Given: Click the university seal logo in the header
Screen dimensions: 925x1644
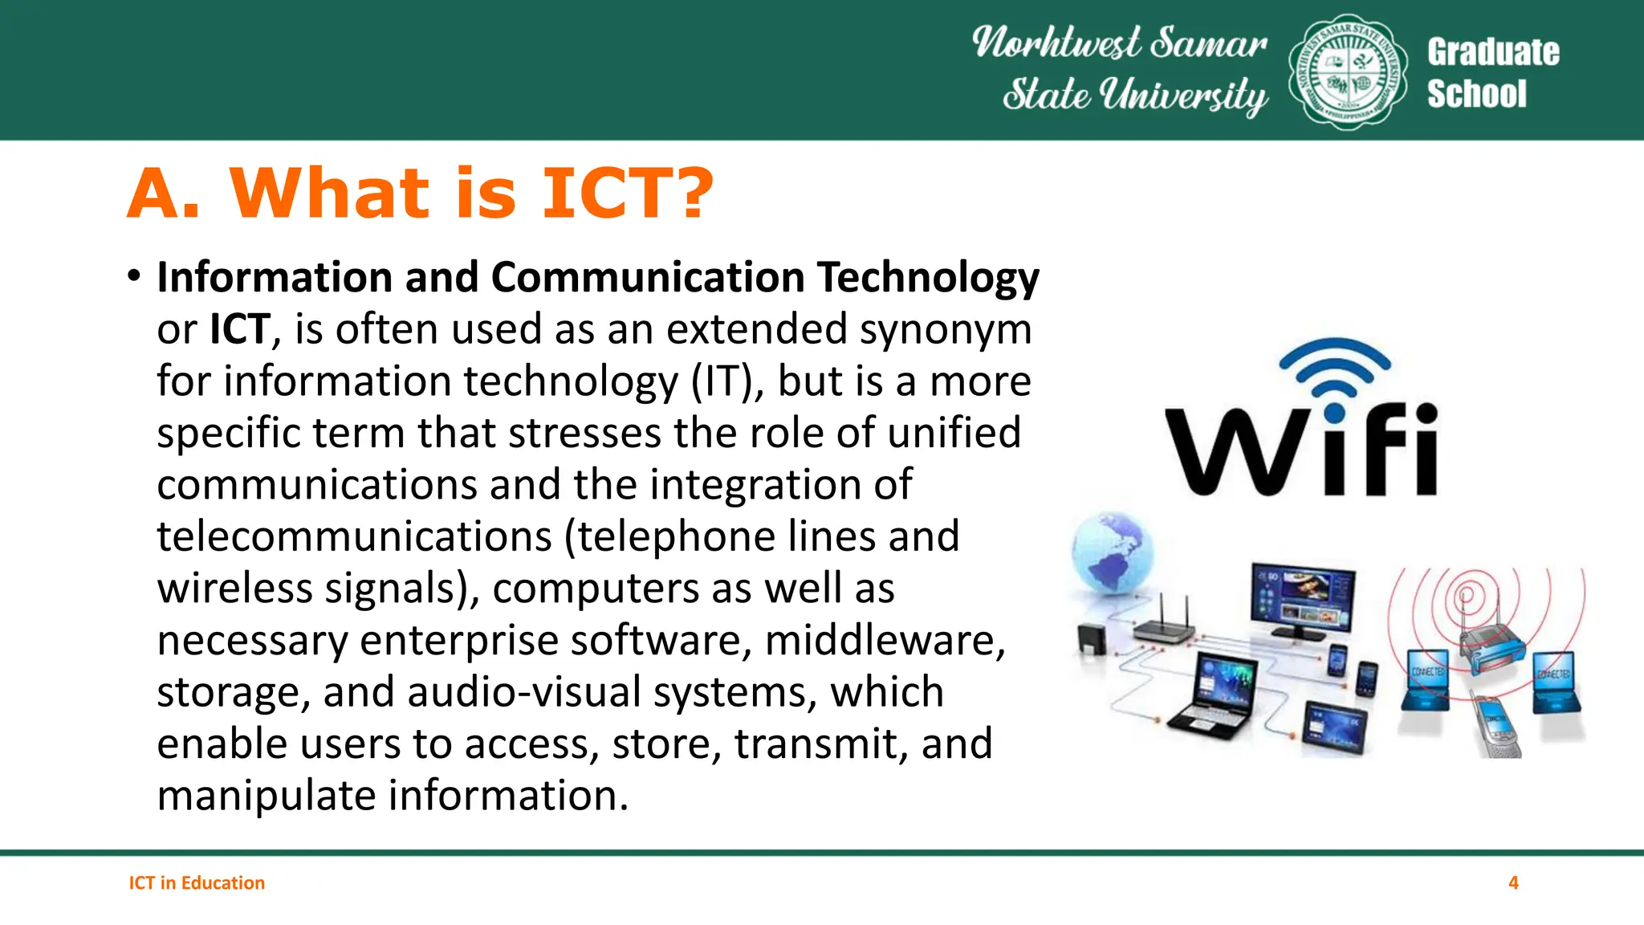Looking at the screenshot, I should pos(1347,72).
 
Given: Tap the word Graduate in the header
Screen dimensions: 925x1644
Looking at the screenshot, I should pos(1493,52).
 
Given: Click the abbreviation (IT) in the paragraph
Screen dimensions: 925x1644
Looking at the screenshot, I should pos(727,381).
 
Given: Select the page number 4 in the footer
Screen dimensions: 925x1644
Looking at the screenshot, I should pos(1513,882).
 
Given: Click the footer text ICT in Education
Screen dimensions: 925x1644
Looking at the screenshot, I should pos(197,882).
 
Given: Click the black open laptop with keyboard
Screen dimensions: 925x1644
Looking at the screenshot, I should pos(1216,695).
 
